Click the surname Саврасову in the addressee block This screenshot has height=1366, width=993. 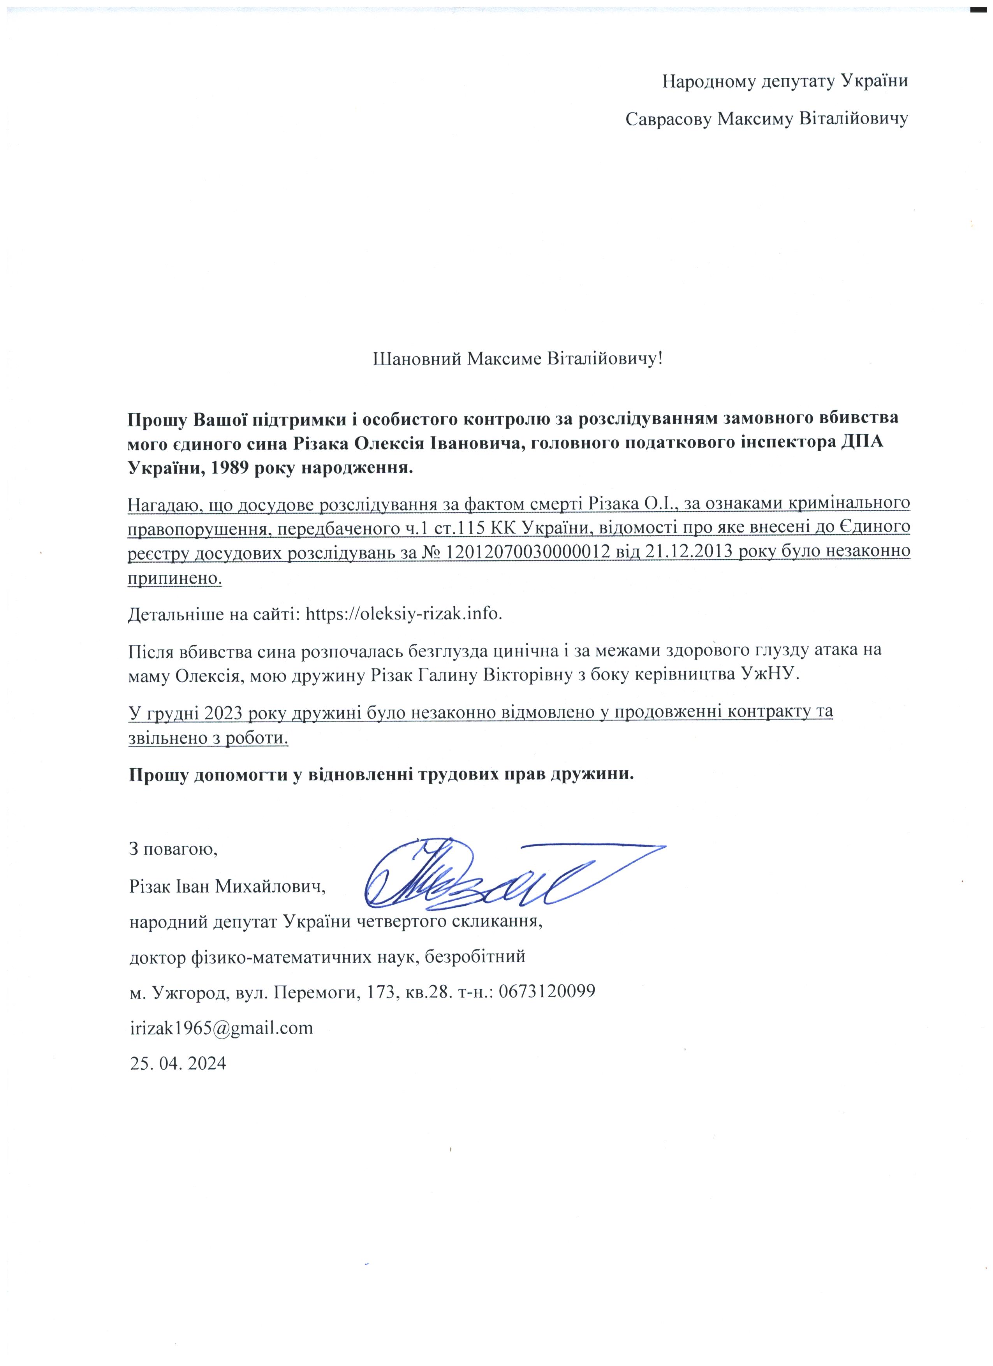coord(667,119)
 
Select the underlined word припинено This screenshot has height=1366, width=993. coord(174,579)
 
